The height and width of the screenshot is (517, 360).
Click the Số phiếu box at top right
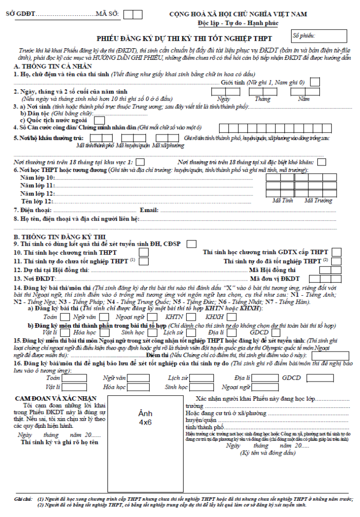319,36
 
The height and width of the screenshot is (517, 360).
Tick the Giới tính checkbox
315,82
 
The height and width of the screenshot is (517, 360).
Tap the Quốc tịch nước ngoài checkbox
99,120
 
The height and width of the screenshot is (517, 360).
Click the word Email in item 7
149,210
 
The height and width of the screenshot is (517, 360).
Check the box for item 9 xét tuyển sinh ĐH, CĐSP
191,244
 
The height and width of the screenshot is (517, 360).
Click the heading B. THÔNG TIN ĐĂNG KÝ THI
59,237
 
